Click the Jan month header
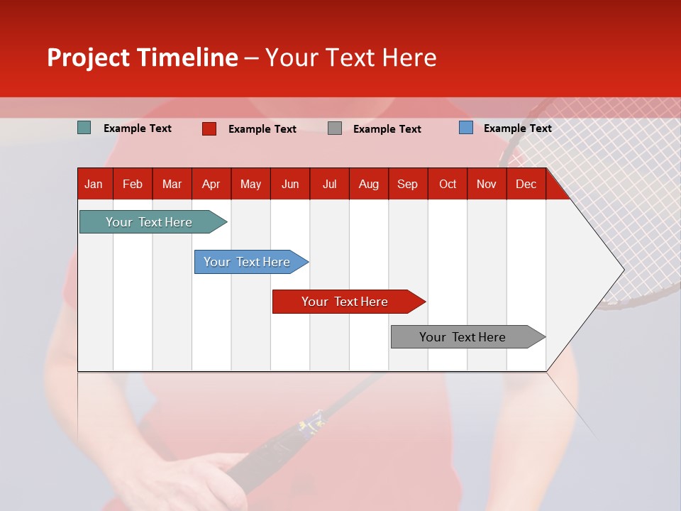point(94,185)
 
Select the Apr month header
point(211,185)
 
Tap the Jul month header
point(329,185)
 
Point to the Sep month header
point(407,185)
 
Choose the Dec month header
point(526,185)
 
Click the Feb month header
point(133,185)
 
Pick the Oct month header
point(448,185)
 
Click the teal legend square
point(84,128)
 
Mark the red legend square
point(209,128)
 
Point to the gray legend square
point(335,128)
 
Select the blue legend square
point(466,128)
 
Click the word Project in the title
point(88,57)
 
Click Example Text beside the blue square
point(517,128)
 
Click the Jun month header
point(290,185)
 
